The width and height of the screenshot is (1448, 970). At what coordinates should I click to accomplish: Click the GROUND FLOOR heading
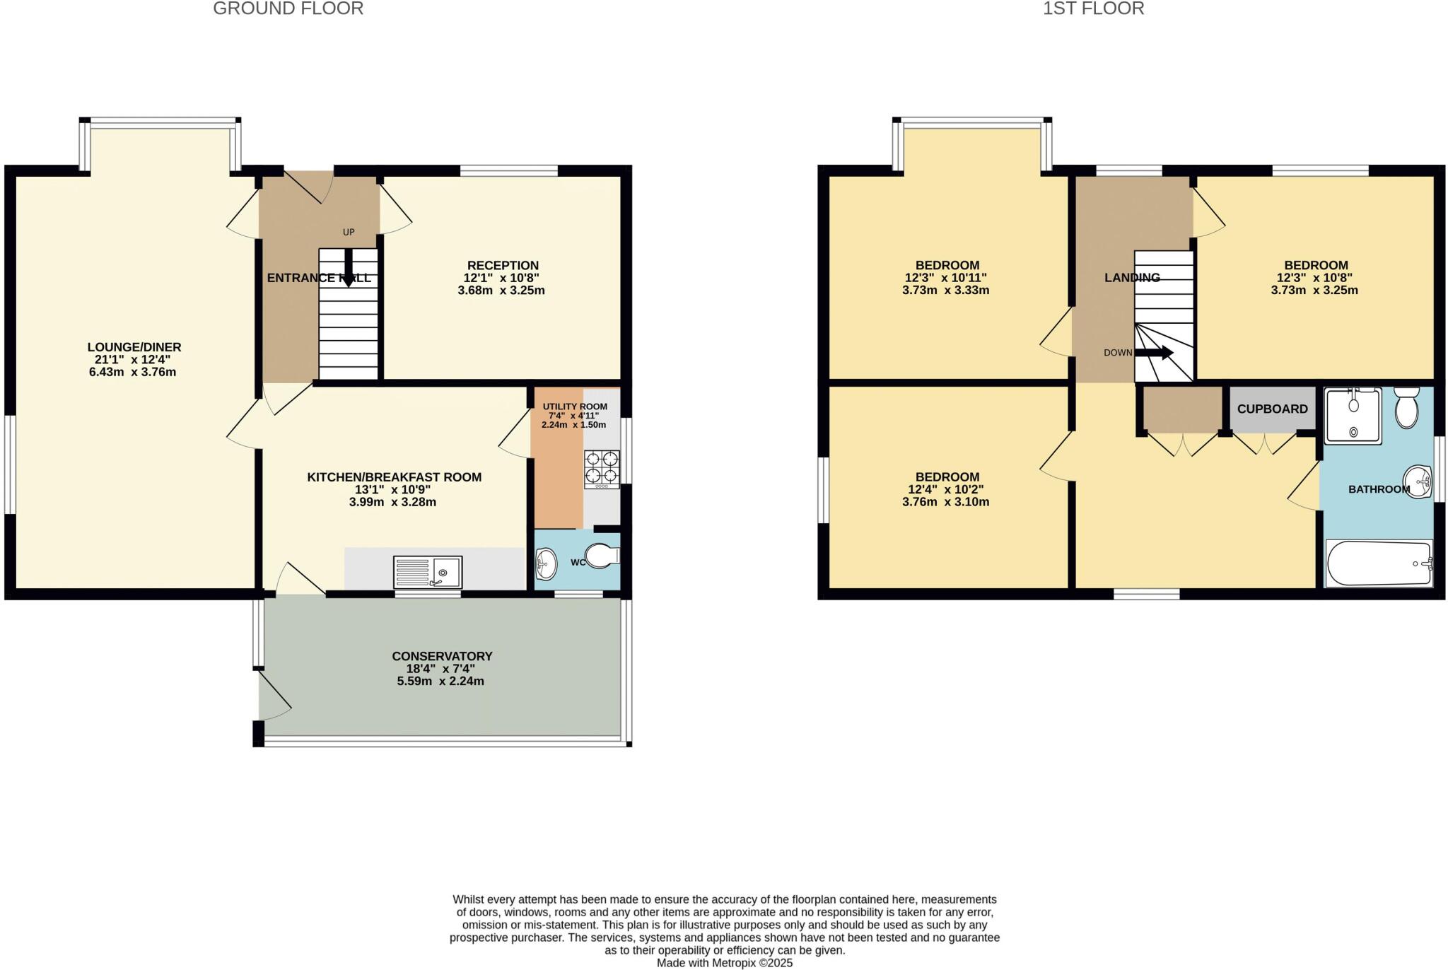(x=288, y=9)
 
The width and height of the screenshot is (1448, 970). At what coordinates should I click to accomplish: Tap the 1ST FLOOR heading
(x=1093, y=9)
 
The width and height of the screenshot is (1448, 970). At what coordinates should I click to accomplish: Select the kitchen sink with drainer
(x=428, y=573)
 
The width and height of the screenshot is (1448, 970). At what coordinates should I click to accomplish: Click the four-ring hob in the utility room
(x=602, y=469)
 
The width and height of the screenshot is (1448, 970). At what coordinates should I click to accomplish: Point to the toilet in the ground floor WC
(x=602, y=556)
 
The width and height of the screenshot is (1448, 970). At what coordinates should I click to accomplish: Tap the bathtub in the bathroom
(x=1379, y=563)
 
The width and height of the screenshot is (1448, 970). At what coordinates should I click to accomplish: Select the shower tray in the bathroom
(x=1353, y=416)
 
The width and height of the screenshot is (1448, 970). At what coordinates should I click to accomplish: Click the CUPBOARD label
(x=1272, y=409)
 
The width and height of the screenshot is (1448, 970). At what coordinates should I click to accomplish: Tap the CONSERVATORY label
(x=442, y=656)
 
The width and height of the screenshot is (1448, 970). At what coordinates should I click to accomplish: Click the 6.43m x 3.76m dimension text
(x=132, y=372)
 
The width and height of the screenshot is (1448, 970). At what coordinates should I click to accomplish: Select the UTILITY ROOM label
(x=575, y=407)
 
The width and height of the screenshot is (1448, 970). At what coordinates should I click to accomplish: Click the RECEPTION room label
(x=501, y=266)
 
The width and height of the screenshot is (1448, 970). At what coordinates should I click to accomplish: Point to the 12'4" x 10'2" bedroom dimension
(x=945, y=489)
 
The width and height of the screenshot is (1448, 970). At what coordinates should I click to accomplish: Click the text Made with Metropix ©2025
(x=724, y=963)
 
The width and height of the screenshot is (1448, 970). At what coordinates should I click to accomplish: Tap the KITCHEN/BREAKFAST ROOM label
(x=394, y=477)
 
